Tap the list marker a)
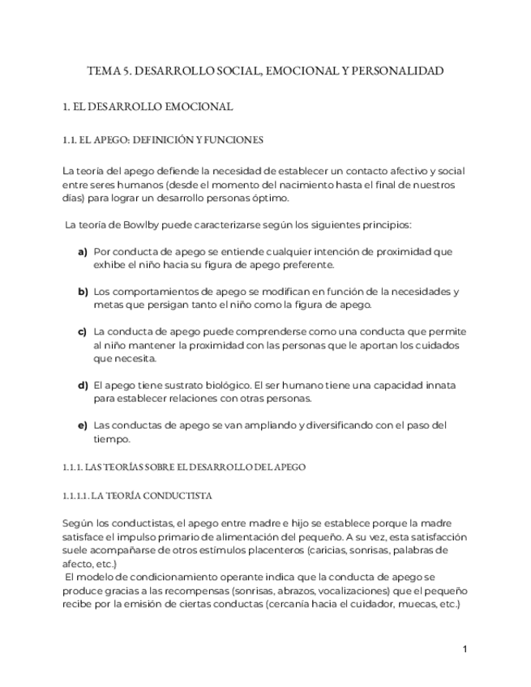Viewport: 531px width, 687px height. [x=82, y=252]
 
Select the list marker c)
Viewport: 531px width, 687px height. [x=82, y=331]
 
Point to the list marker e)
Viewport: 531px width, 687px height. [x=82, y=425]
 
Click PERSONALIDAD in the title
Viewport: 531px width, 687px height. [x=398, y=71]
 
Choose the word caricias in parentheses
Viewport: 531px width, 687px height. [x=334, y=550]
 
